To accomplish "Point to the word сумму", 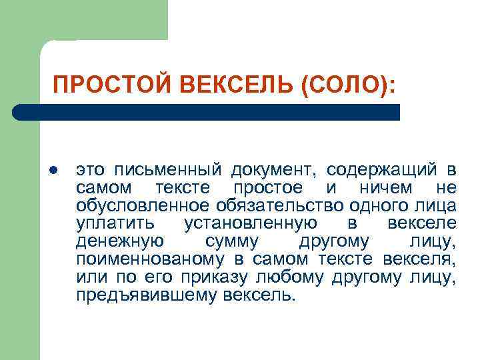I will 231,239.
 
